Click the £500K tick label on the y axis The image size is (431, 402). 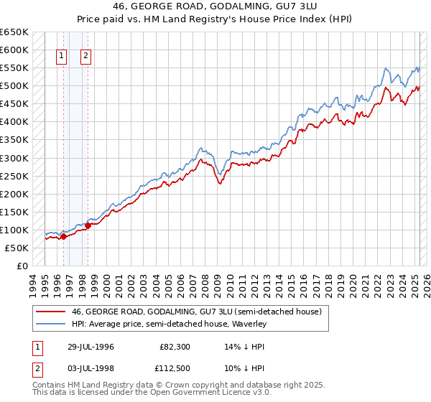point(14,86)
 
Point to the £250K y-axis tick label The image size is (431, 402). point(14,176)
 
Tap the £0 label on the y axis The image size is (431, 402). point(22,266)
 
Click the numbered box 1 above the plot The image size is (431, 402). point(61,56)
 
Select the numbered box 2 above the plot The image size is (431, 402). point(85,56)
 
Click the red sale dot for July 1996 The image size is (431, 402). point(63,236)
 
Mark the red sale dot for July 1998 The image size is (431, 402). point(88,225)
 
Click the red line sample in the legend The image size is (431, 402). point(51,312)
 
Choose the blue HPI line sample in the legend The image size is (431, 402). point(51,324)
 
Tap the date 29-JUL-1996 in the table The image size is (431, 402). point(89,347)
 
